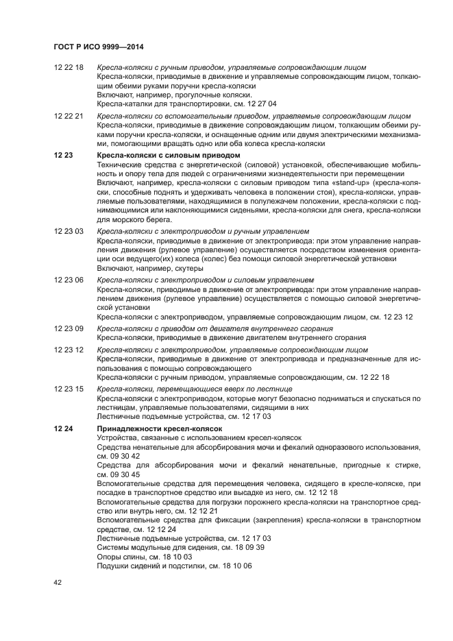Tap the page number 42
(58, 581)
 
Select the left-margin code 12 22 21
(69, 117)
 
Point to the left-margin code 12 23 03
(69, 232)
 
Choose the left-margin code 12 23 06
(69, 280)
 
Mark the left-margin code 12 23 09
(69, 329)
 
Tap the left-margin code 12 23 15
(69, 388)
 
